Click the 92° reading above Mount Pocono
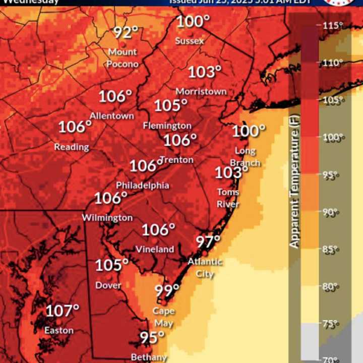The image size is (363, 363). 125,33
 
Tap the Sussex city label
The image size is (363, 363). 190,41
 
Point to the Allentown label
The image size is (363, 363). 112,116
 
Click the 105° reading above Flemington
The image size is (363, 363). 170,106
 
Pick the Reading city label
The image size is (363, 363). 72,147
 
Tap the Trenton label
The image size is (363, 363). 176,160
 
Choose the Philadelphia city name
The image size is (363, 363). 143,186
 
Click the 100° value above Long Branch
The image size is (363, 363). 248,132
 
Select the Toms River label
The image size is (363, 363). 228,198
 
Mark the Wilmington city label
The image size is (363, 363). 107,218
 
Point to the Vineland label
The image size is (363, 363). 155,250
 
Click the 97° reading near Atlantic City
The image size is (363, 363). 208,242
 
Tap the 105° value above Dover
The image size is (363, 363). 111,266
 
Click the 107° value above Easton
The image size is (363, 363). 63,311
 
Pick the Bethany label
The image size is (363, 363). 149,357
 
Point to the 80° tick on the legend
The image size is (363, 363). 330,286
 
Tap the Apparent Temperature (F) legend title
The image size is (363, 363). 294,181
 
